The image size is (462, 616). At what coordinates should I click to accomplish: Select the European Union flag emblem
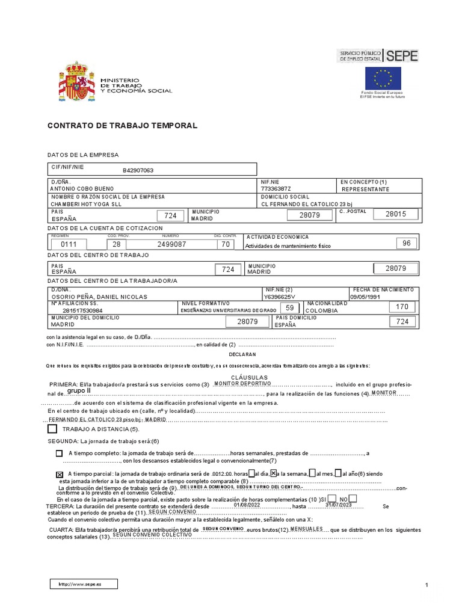pos(383,78)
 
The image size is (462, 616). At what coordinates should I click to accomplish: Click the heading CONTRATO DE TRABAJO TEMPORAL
pos(122,126)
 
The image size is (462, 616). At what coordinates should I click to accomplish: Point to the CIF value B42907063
pos(138,170)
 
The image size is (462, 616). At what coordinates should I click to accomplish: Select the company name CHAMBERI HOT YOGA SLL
pos(87,204)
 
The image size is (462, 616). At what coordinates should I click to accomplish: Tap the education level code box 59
pos(290,307)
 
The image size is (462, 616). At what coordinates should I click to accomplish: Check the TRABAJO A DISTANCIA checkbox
pos(52,429)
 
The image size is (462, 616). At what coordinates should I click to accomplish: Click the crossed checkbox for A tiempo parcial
pos(58,475)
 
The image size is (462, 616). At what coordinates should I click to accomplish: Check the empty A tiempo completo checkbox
pos(58,453)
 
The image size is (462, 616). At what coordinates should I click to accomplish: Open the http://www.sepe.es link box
pos(84,584)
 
